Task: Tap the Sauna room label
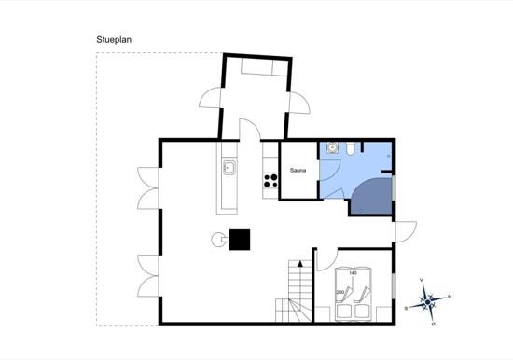[x=298, y=171]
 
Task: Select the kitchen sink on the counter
[x=229, y=168]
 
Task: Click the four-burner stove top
[x=271, y=182]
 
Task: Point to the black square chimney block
[x=241, y=239]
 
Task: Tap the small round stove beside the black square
[x=219, y=239]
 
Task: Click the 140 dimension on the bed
[x=353, y=273]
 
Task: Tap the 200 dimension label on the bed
[x=340, y=292]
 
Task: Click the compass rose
[x=428, y=301]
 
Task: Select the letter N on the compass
[x=450, y=297]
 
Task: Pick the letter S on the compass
[x=406, y=307]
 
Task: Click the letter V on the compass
[x=423, y=280]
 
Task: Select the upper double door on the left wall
[x=147, y=188]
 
